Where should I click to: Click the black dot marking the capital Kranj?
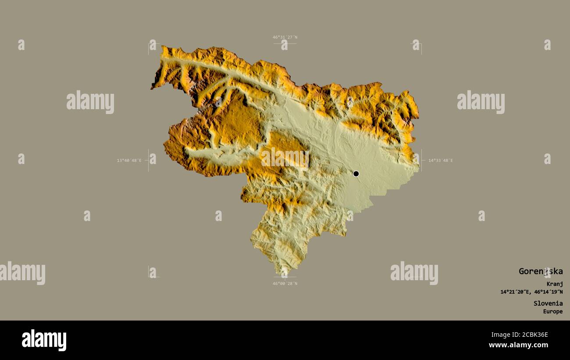pos(356,174)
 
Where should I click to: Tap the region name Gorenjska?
pos(540,271)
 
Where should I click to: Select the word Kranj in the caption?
pos(555,284)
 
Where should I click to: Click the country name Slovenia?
pos(548,303)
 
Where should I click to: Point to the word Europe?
pos(553,311)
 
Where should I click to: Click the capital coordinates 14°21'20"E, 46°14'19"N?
pos(531,292)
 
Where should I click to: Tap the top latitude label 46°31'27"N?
pos(285,37)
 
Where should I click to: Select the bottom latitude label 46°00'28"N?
pos(285,283)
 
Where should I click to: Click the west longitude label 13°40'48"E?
pos(129,160)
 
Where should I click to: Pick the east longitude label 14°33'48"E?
pos(440,160)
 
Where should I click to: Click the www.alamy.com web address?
pos(518,345)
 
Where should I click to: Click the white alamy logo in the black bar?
pos(44,340)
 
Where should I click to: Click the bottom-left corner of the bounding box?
pos(149,277)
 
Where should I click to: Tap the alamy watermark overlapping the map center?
pos(285,158)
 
